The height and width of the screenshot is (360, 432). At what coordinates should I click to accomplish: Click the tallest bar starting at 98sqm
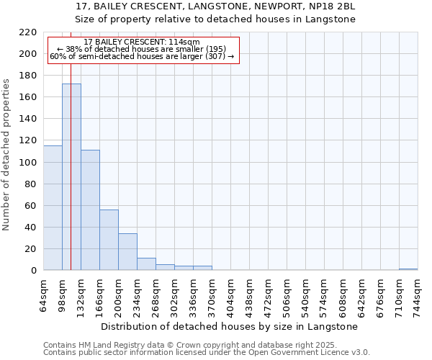coord(71,177)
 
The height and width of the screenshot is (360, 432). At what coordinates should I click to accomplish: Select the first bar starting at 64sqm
coord(53,208)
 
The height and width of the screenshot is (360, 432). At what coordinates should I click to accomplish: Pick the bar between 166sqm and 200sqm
coord(109,240)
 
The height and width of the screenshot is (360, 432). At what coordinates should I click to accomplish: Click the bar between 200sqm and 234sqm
coord(127,252)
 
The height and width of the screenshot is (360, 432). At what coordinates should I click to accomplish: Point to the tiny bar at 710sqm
coord(408,269)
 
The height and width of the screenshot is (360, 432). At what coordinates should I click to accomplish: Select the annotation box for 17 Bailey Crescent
coord(142,50)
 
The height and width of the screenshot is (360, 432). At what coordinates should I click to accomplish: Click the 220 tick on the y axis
coord(30,32)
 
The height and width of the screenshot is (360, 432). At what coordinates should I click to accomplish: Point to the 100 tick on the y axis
coord(30,163)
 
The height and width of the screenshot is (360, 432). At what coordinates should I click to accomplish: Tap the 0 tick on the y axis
coord(34,271)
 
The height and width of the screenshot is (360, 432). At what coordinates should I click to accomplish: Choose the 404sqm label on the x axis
coord(231,293)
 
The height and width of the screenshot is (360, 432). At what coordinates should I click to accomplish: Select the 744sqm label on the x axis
coord(418,293)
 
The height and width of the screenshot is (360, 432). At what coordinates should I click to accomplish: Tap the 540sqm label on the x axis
coord(306,293)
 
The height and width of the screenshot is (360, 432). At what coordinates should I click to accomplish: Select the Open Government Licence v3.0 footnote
coord(207,353)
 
